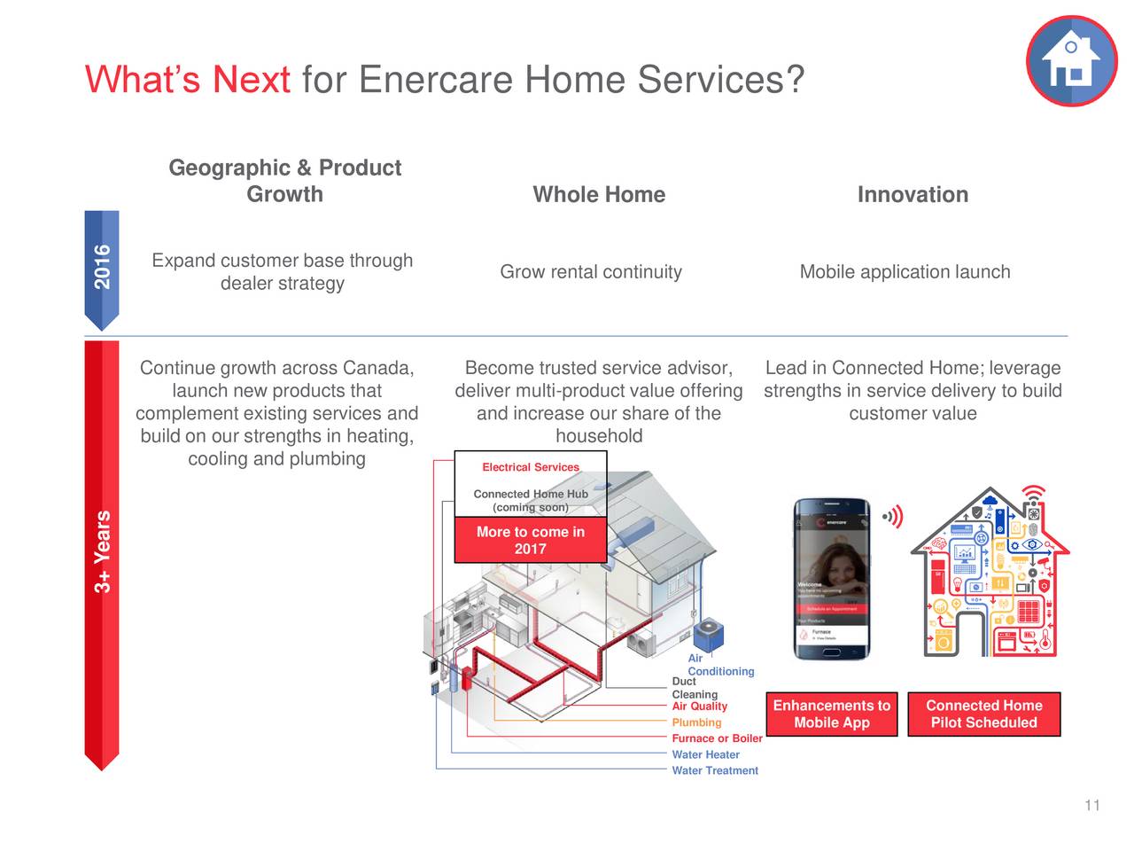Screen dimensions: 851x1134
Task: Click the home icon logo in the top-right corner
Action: click(x=1071, y=61)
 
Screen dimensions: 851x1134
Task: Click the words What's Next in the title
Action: click(x=188, y=80)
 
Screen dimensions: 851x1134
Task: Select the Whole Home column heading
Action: click(x=599, y=195)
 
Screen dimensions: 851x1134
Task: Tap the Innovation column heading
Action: click(x=913, y=195)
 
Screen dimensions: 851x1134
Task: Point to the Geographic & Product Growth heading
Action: click(x=284, y=181)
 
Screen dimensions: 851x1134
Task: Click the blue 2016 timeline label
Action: click(x=103, y=267)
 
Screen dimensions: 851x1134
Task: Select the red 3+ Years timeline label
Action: click(x=103, y=551)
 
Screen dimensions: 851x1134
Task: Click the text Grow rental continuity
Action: click(x=591, y=272)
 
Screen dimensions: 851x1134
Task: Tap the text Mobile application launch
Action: click(x=905, y=272)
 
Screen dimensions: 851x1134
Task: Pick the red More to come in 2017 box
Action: click(x=530, y=540)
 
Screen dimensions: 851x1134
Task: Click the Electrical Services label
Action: click(x=530, y=467)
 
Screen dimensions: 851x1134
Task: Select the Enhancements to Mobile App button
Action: click(x=831, y=714)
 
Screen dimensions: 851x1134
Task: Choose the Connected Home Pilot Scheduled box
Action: click(x=983, y=714)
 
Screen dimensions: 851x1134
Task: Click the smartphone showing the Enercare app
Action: click(x=831, y=579)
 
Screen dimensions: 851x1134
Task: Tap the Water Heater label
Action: click(x=705, y=755)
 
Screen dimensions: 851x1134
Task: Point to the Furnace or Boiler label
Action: click(x=717, y=738)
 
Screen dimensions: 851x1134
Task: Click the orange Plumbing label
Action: click(x=696, y=722)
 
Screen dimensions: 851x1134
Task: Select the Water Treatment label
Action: click(x=715, y=771)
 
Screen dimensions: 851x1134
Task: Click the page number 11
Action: click(x=1091, y=805)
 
